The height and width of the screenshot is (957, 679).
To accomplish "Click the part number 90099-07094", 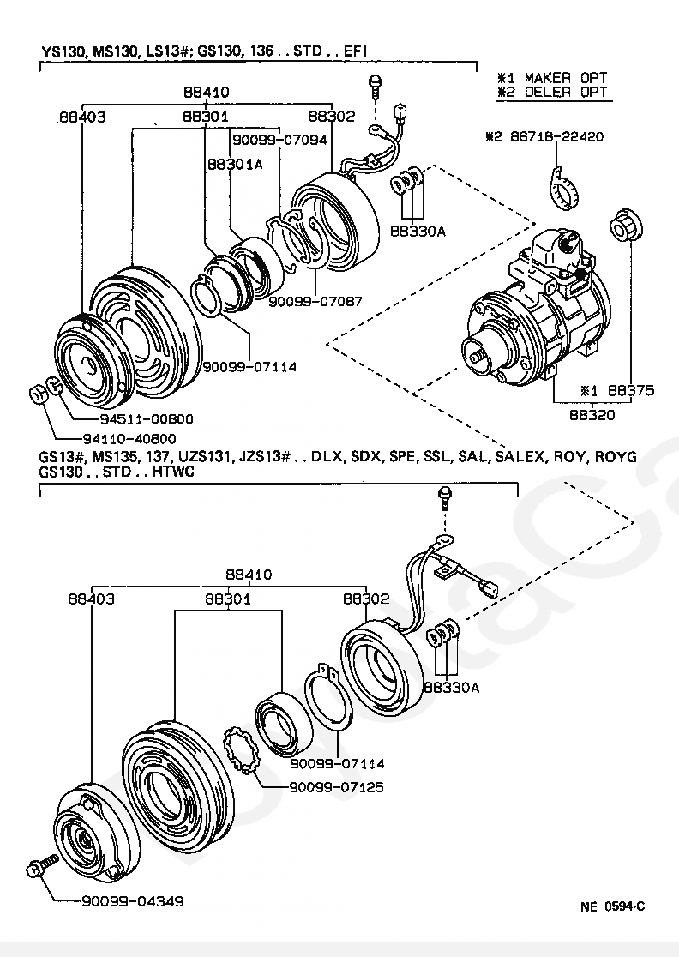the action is pos(279,140).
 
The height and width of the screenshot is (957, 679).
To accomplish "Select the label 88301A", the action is pos(236,164).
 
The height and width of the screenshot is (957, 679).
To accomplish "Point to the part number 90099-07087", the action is pos(315,301).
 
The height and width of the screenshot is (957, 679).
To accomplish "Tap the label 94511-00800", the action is pos(146,418).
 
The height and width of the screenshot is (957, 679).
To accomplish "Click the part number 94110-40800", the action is pos(129,439).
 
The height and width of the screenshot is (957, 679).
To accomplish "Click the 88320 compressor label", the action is pos(592,415).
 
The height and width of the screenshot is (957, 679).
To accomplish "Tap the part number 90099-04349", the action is pos(132,901).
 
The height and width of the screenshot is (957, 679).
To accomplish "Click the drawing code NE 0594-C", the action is pos(612,906).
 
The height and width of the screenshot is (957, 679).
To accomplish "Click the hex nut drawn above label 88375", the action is pos(626,226).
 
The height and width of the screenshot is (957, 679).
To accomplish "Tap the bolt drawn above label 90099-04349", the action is pos(42,865).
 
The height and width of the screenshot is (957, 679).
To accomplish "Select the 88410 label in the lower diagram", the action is pos(249,575).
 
